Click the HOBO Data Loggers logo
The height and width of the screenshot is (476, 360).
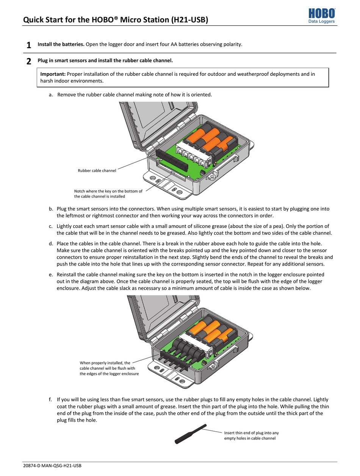point(321,16)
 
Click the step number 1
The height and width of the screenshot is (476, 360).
point(29,46)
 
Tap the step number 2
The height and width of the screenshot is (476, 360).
point(29,61)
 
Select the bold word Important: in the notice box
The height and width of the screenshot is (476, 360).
point(53,74)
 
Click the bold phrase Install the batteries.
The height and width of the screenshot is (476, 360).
point(61,44)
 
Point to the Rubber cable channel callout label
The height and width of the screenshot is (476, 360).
point(97,171)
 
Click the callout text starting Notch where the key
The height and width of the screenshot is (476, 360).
point(108,194)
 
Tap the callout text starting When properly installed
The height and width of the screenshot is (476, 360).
point(109,368)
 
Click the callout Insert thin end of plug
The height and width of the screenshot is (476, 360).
point(251,435)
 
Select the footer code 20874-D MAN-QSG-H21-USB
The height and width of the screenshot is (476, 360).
point(52,466)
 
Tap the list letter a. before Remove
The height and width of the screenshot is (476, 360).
point(51,94)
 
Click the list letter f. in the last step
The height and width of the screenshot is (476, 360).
point(50,399)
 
